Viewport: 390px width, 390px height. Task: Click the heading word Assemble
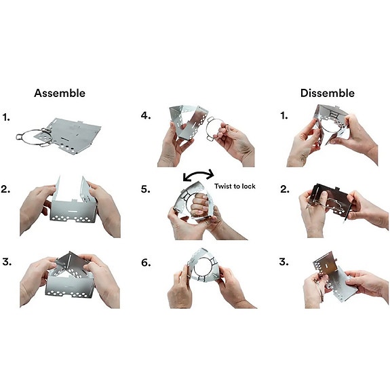pyautogui.click(x=60, y=94)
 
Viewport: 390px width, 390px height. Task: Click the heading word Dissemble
pyautogui.click(x=328, y=94)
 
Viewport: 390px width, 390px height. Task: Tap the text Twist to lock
pyautogui.click(x=235, y=187)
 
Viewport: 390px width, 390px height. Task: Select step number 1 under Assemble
pyautogui.click(x=6, y=117)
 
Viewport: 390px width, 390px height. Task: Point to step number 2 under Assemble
pyautogui.click(x=5, y=189)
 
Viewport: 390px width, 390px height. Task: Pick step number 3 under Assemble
pyautogui.click(x=7, y=262)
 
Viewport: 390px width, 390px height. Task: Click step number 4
pyautogui.click(x=146, y=116)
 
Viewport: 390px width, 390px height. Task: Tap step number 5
pyautogui.click(x=146, y=189)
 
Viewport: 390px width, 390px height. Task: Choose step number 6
pyautogui.click(x=146, y=262)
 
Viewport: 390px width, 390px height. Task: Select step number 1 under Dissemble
pyautogui.click(x=284, y=116)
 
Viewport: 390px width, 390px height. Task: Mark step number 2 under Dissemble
pyautogui.click(x=285, y=189)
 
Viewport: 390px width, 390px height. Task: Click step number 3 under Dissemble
pyautogui.click(x=284, y=262)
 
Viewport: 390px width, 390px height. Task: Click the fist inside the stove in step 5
pyautogui.click(x=199, y=205)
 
